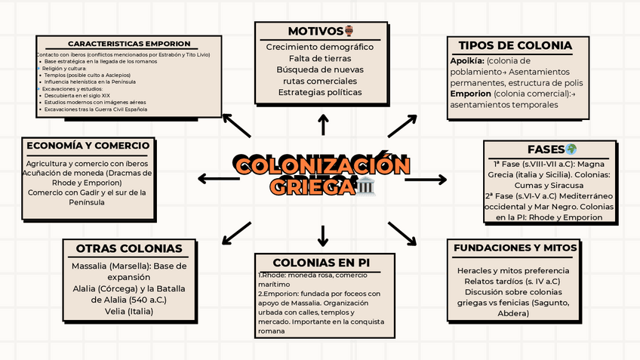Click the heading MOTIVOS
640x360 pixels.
coord(315,31)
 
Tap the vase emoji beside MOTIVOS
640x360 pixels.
coord(349,31)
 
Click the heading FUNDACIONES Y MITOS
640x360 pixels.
coord(515,248)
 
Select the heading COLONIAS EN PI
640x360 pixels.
coord(321,263)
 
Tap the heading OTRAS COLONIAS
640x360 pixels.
coord(129,248)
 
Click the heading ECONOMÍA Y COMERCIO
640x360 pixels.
coord(89,146)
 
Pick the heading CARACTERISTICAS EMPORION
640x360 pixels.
coord(129,44)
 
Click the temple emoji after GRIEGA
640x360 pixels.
coord(365,186)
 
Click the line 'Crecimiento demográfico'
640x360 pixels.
coord(320,47)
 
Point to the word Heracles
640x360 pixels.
coord(474,270)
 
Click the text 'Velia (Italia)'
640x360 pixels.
coord(128,310)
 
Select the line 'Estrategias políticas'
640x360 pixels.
coord(320,92)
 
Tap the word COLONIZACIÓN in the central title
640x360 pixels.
coord(322,165)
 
